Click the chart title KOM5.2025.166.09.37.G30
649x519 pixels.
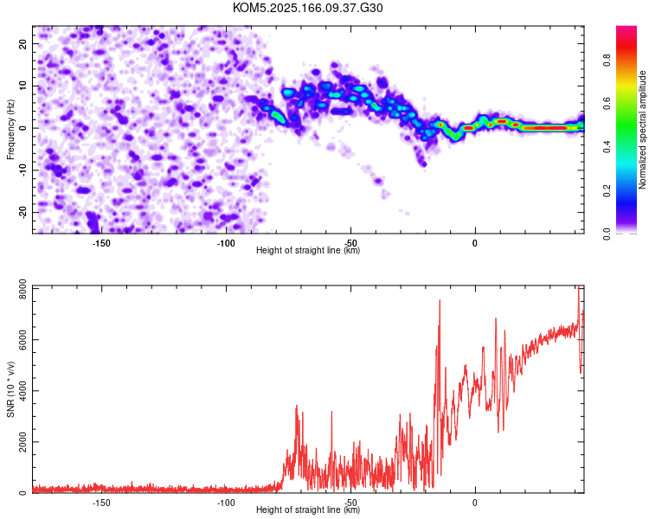coord(307,8)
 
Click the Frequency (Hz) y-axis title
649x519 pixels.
coord(10,130)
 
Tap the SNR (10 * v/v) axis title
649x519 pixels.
coord(10,389)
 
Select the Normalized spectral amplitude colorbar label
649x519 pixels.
coord(642,130)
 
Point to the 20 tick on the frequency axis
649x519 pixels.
coord(22,43)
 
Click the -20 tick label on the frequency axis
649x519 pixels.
coord(22,212)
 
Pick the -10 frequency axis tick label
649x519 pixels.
coord(22,170)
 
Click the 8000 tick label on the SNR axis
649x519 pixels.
coord(22,288)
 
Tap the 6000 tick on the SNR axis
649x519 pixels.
coord(22,340)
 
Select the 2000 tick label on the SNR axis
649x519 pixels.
coord(22,442)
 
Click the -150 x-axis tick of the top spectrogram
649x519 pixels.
coord(101,243)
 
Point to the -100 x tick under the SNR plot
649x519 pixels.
coord(226,503)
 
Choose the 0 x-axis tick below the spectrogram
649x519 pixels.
coord(475,243)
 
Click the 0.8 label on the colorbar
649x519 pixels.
coord(607,61)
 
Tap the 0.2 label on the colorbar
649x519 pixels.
coord(607,190)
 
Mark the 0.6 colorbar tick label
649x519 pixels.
coord(607,104)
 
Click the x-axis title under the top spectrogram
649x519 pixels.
coord(308,250)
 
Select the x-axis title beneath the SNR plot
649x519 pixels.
coord(308,509)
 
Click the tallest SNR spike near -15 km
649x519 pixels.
coord(440,300)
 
